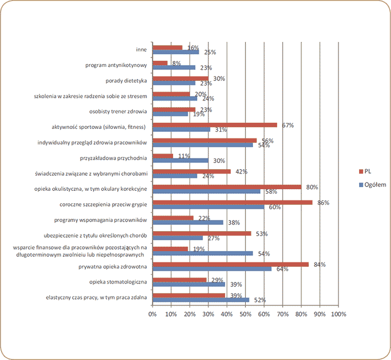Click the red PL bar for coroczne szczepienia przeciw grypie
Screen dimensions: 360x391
click(232, 202)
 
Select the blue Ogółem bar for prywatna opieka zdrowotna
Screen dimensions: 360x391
click(212, 269)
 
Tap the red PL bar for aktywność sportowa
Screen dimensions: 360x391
click(214, 124)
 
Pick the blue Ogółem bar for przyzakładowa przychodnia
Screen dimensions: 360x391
click(180, 160)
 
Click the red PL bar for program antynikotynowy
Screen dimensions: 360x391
click(160, 63)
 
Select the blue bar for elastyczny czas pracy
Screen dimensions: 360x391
click(201, 300)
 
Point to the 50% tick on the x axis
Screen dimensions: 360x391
click(245, 314)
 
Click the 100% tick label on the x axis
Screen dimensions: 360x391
click(338, 314)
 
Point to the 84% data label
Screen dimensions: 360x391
click(319, 264)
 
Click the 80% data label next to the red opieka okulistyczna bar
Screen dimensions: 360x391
click(312, 186)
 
